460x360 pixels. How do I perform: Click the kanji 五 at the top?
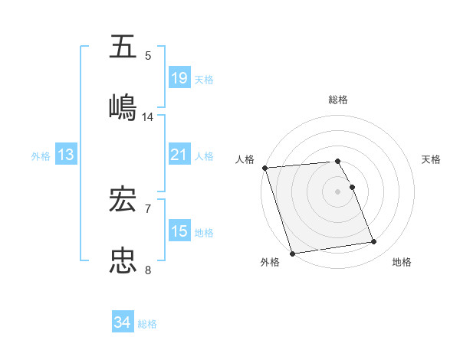point(124,47)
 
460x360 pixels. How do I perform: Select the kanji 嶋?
point(124,106)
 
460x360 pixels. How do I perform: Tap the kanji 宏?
point(124,201)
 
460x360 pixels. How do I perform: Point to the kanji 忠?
point(124,260)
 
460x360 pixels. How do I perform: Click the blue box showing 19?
point(179,78)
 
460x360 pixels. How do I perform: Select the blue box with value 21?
point(179,155)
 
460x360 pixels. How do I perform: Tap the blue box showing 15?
point(179,231)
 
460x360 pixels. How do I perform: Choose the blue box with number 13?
point(66,155)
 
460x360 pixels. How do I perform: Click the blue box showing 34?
point(123,322)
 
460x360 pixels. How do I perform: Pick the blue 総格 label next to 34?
point(147,324)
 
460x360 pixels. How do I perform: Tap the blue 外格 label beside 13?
point(41,156)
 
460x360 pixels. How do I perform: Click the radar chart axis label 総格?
point(338,100)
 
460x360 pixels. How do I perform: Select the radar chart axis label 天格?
point(432,159)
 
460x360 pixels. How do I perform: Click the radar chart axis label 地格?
point(402,263)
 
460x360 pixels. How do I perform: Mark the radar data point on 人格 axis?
point(264,168)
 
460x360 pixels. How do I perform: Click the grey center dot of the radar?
point(338,191)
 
